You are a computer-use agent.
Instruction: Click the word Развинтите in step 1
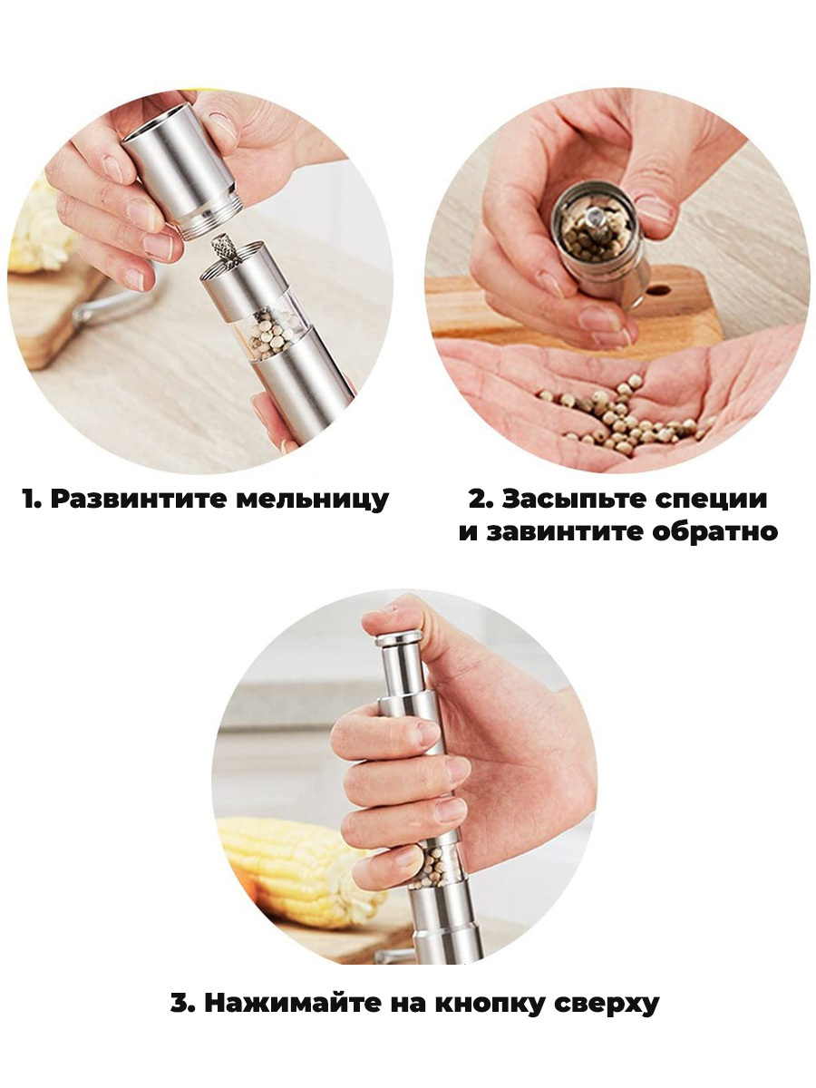(x=135, y=500)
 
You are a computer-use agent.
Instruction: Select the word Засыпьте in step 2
(x=574, y=500)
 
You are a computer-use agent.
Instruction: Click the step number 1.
(x=32, y=500)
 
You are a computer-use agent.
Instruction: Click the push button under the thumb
(x=399, y=638)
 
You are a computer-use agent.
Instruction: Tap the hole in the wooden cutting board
(x=658, y=290)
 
